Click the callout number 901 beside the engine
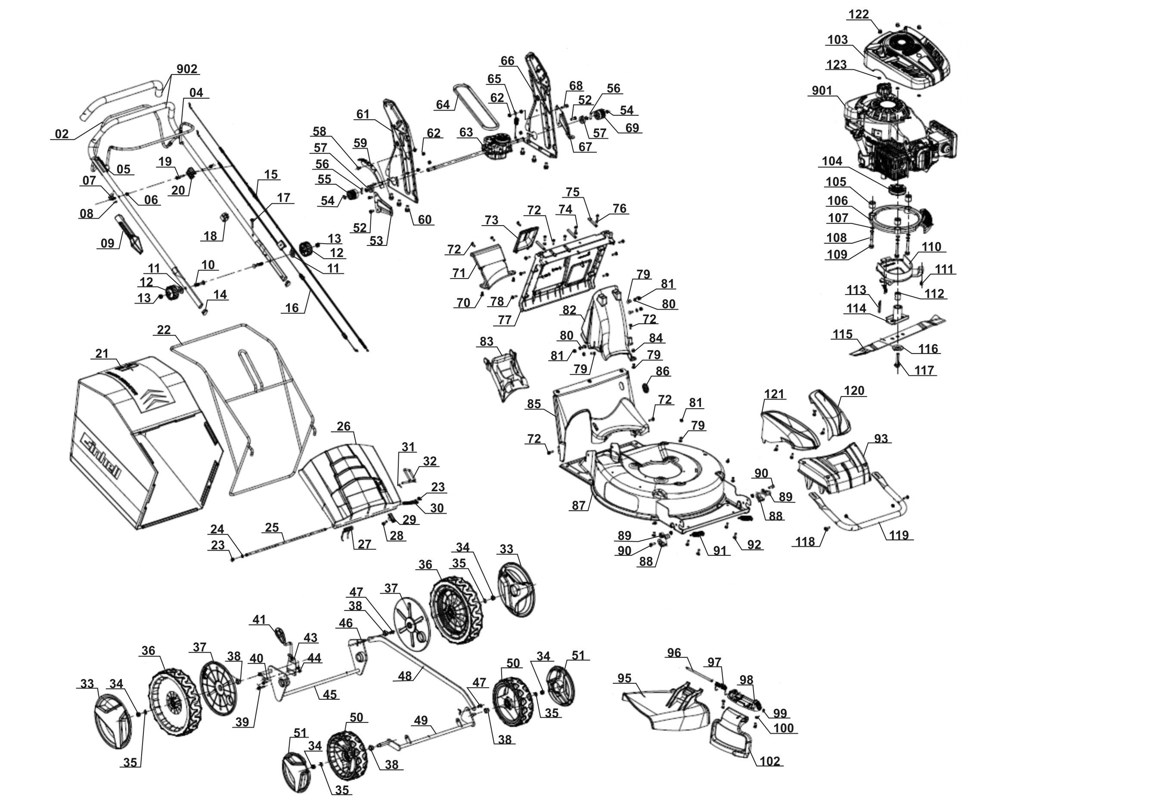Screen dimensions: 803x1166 (x=822, y=90)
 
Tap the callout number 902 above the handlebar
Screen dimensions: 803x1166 (x=186, y=69)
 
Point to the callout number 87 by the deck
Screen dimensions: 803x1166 (x=578, y=505)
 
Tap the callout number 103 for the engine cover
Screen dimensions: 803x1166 (x=837, y=40)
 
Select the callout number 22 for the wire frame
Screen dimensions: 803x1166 (x=164, y=330)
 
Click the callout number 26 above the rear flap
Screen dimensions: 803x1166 (x=344, y=426)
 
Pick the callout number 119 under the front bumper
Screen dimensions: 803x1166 (x=899, y=534)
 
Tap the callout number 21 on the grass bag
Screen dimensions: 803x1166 (x=102, y=353)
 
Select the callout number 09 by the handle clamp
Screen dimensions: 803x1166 (x=107, y=244)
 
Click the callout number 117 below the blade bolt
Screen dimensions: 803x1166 (x=924, y=370)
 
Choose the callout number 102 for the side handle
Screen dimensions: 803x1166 (x=769, y=761)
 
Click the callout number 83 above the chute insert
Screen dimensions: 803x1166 (x=486, y=341)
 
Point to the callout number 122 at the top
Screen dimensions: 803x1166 (x=858, y=15)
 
